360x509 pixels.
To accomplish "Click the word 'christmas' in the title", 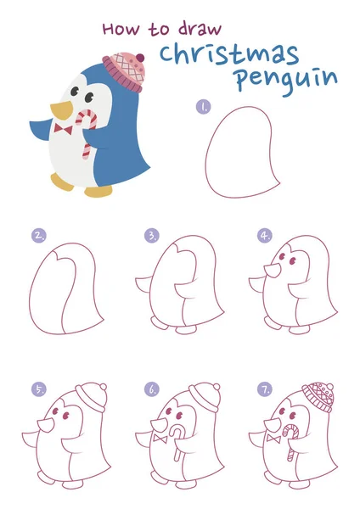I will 229,53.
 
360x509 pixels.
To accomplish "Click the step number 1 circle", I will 203,107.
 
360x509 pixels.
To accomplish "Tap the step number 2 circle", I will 39,235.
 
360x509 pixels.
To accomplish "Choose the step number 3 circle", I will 152,235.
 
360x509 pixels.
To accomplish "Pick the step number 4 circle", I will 265,235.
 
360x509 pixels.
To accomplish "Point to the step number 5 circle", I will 39,389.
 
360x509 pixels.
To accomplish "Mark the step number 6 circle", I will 152,389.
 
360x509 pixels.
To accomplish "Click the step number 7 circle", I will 265,389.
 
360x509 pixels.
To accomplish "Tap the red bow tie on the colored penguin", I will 63,129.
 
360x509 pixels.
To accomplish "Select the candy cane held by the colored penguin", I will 85,131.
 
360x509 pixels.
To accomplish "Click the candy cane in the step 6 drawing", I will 176,442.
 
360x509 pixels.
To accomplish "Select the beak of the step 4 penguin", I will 271,271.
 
